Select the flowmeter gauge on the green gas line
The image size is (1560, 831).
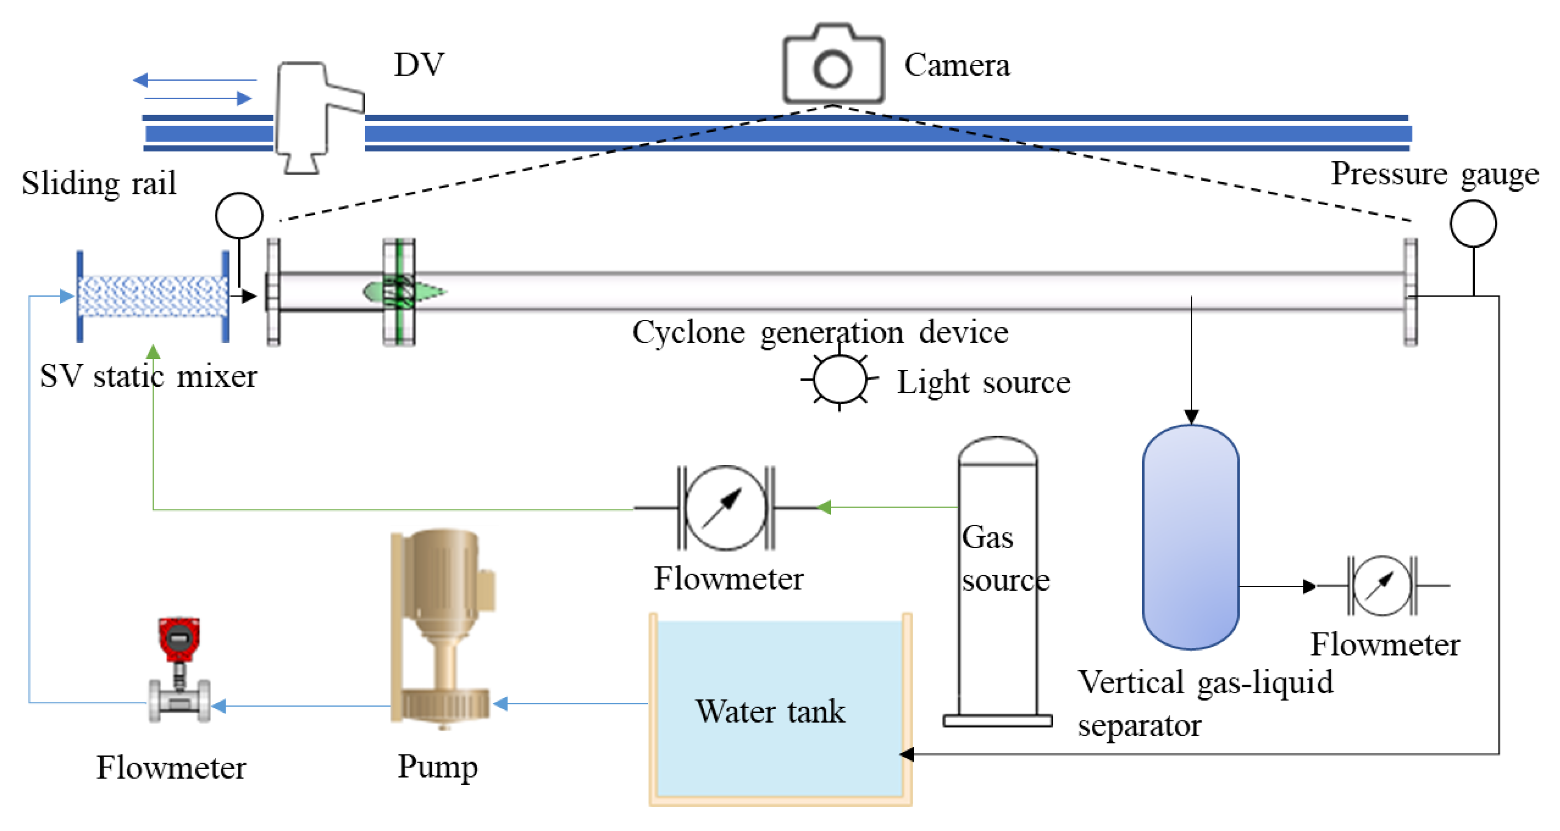(725, 507)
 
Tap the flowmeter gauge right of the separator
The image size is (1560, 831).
(1382, 586)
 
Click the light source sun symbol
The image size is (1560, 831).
(839, 379)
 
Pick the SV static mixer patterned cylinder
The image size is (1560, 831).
(153, 296)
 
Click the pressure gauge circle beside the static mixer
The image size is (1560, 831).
(239, 216)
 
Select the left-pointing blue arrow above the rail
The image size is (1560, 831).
(141, 79)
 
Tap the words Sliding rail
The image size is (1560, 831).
(99, 183)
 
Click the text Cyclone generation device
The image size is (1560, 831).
(820, 332)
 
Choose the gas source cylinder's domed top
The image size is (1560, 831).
(997, 449)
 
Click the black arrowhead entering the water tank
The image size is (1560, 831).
(907, 754)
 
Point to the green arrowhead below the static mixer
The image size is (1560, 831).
(153, 351)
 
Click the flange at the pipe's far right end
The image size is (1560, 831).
(1410, 292)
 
